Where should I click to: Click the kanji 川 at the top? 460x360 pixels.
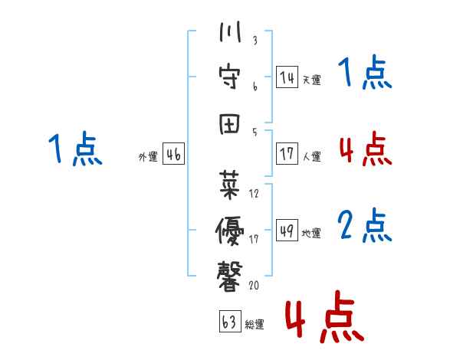coord(230,31)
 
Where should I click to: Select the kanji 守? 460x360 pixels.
coord(230,77)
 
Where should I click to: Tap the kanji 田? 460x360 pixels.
coord(229,124)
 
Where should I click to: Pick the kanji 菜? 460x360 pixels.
coord(229,185)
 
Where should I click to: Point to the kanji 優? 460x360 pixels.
coord(230,231)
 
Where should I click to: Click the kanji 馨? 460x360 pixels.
coord(230,277)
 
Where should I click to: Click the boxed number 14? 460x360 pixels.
coord(287,77)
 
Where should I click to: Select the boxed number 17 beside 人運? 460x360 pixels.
coord(287,154)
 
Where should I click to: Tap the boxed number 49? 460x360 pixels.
coord(287,231)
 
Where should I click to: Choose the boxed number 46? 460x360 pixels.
coord(173,154)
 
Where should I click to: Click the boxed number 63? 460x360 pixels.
coord(230,321)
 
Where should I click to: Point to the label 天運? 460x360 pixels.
coord(312,80)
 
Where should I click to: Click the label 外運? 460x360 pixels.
coord(148,156)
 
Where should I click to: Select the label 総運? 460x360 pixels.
coord(255,324)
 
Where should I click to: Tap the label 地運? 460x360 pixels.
coord(311,233)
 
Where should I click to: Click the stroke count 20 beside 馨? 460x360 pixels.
coord(254,285)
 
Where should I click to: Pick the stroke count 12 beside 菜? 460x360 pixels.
coord(254,194)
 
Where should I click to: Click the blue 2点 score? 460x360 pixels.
coord(365,225)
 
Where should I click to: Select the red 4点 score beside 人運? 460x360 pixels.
coord(366,149)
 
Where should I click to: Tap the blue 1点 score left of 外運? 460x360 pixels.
coord(75,149)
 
